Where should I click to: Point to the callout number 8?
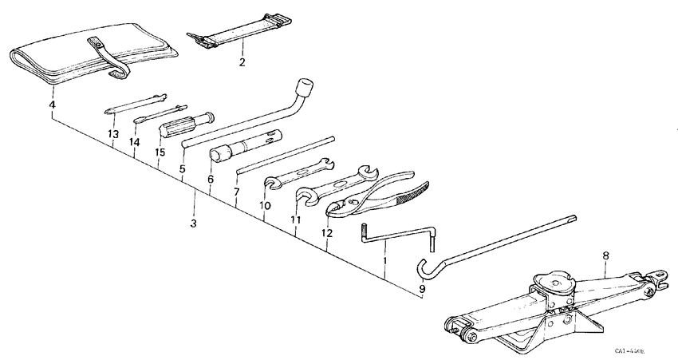605,256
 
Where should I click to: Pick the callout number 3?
193,223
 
